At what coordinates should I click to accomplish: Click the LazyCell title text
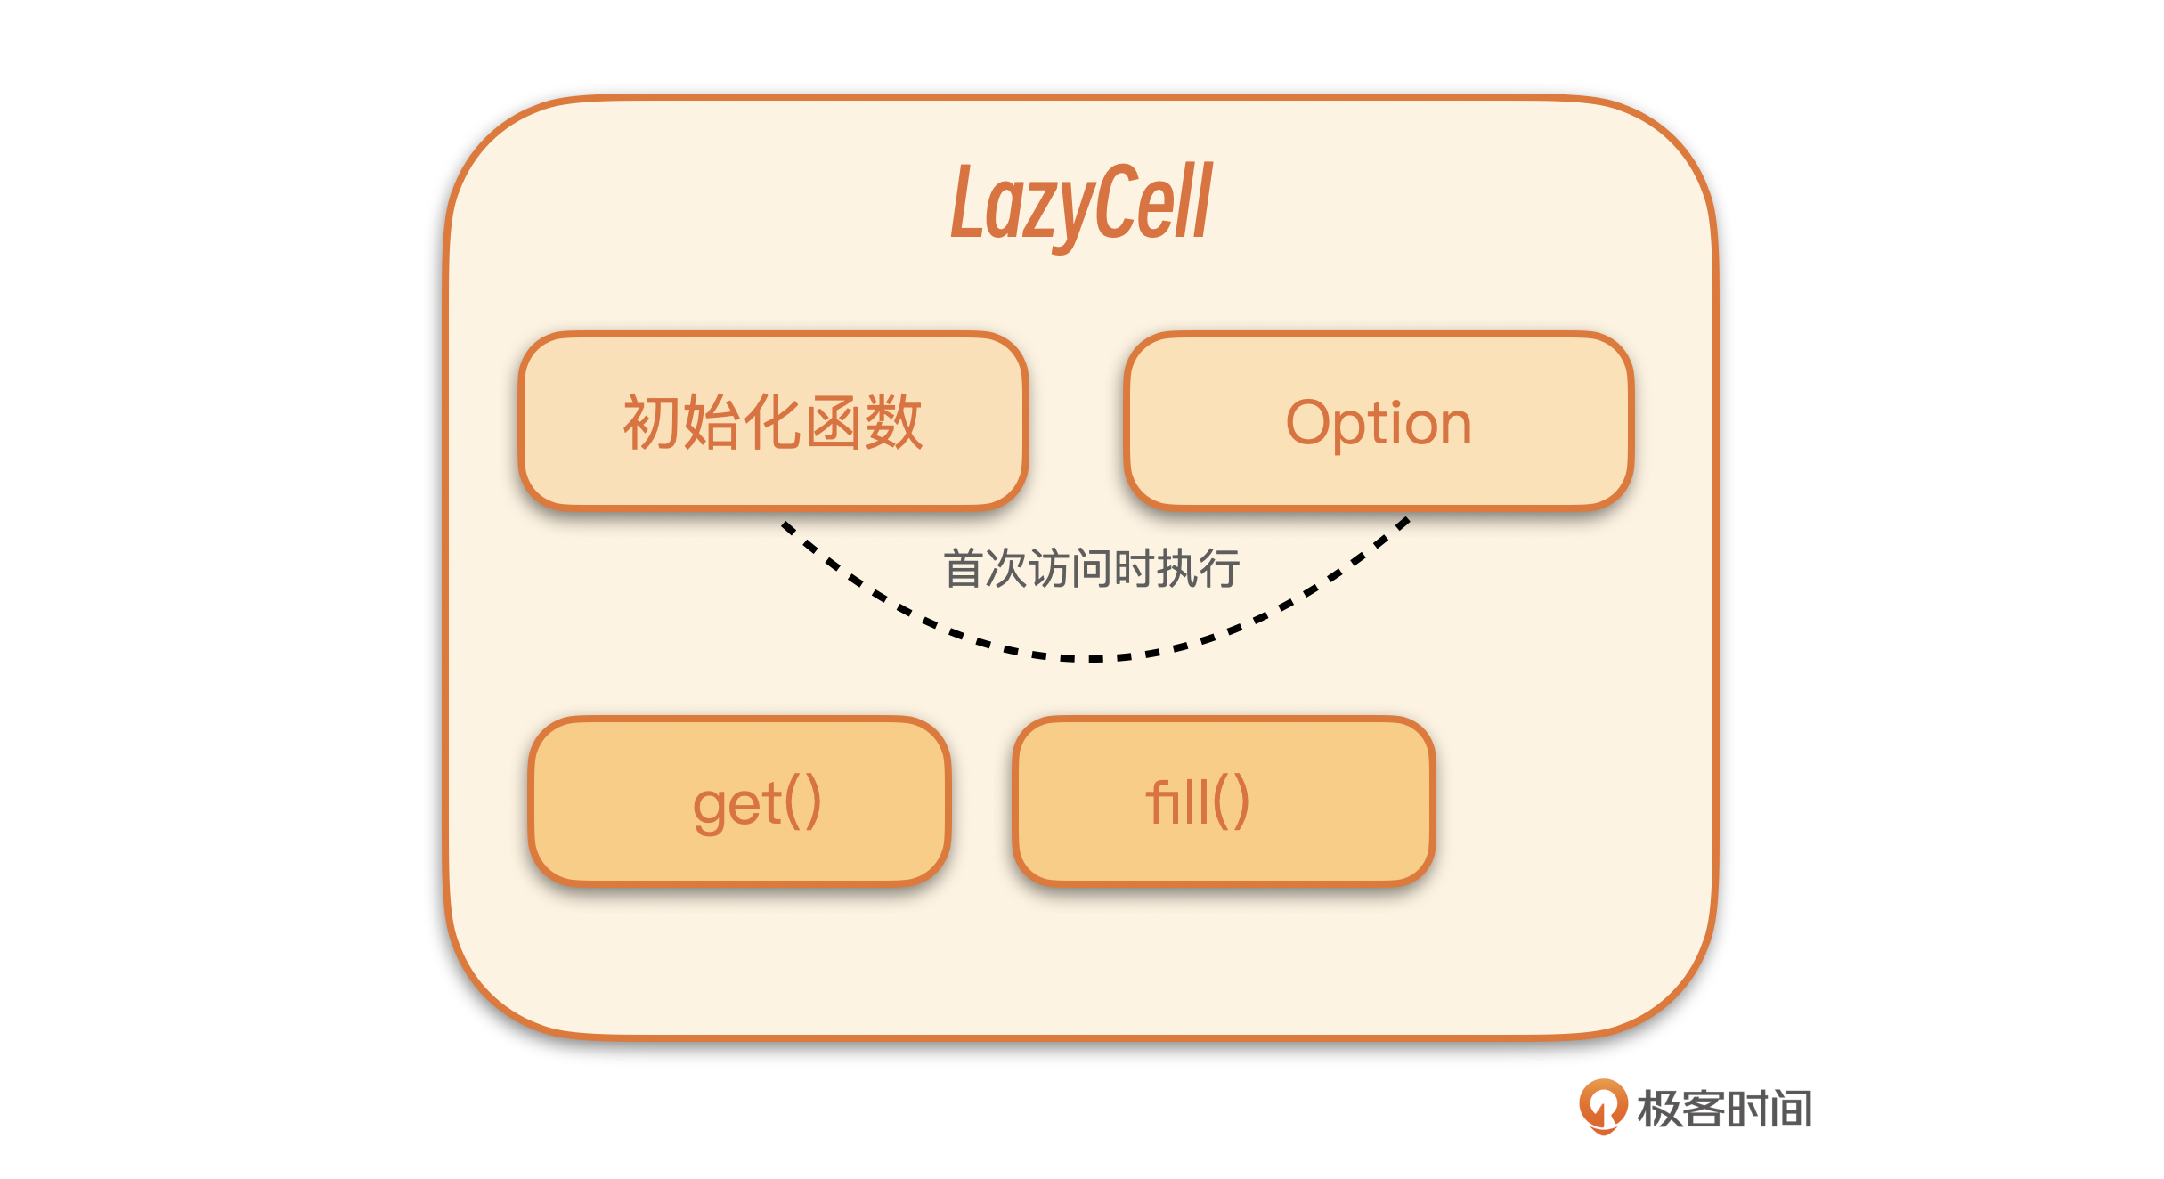pos(1081,204)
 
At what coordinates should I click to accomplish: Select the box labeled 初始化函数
pos(773,421)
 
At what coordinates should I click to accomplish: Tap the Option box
pos(1379,421)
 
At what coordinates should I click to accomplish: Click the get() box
pos(740,801)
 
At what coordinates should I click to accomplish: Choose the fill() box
pos(1224,801)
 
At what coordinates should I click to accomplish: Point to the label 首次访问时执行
pos(1092,568)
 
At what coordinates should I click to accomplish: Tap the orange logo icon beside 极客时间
pos(1603,1107)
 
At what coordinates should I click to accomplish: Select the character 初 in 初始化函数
pos(652,422)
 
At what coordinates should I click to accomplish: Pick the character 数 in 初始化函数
pos(894,422)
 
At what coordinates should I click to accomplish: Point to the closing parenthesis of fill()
pos(1241,801)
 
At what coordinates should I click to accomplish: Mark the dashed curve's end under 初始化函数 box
pos(784,524)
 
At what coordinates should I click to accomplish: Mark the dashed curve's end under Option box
pos(1406,520)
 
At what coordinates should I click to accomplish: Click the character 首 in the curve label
pos(964,568)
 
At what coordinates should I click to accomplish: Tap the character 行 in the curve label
pos(1219,568)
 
